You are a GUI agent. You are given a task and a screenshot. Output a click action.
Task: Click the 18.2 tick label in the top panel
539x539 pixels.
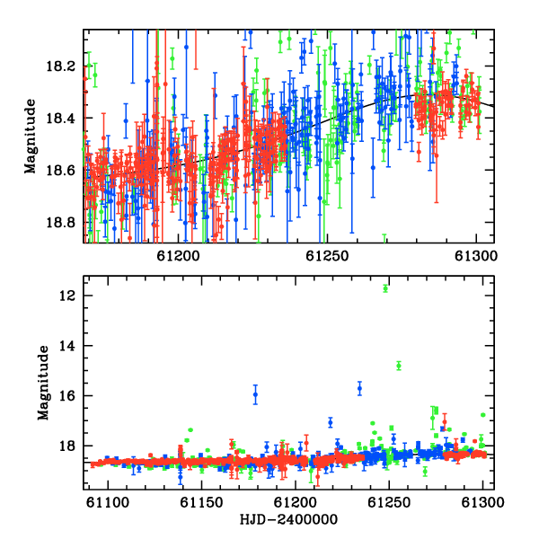[x=60, y=66]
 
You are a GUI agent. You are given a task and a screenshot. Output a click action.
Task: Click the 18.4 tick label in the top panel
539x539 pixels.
[x=60, y=119]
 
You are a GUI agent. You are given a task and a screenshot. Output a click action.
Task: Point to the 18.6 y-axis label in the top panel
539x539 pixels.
[x=60, y=171]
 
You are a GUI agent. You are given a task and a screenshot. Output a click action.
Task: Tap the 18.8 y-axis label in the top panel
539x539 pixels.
[x=60, y=223]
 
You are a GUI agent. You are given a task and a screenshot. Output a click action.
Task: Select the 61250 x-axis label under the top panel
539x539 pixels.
[x=327, y=256]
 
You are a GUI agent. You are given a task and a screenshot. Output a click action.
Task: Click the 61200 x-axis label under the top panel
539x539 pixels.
[x=179, y=256]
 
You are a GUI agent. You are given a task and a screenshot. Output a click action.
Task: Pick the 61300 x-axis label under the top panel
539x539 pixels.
[x=476, y=256]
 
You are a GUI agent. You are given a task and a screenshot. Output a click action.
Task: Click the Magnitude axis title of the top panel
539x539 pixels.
[x=31, y=137]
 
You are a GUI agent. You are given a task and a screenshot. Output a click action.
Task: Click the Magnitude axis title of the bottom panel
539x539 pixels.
[x=43, y=383]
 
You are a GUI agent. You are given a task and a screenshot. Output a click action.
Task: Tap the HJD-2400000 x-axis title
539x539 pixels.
[x=288, y=519]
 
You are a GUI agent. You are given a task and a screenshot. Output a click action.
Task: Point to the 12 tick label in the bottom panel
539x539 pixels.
[x=66, y=296]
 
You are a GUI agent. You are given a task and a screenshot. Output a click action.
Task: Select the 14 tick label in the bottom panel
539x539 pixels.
[x=66, y=346]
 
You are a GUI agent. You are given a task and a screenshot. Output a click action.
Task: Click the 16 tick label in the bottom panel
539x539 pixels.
[x=66, y=396]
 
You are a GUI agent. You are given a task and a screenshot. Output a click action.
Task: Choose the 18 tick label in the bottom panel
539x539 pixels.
[x=66, y=446]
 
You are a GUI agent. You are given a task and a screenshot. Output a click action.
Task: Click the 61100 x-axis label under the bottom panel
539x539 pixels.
[x=108, y=503]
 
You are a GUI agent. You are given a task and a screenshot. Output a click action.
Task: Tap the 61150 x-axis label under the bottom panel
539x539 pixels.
[x=202, y=503]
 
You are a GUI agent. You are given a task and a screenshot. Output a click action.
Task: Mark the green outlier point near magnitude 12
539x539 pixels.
[x=385, y=288]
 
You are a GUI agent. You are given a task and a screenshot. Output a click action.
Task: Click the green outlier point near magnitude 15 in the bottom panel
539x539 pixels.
[x=399, y=366]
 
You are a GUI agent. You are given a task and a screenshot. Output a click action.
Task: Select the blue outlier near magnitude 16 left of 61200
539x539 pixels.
[x=255, y=394]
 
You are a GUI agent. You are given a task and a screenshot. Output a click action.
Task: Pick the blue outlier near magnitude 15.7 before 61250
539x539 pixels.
[x=359, y=388]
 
